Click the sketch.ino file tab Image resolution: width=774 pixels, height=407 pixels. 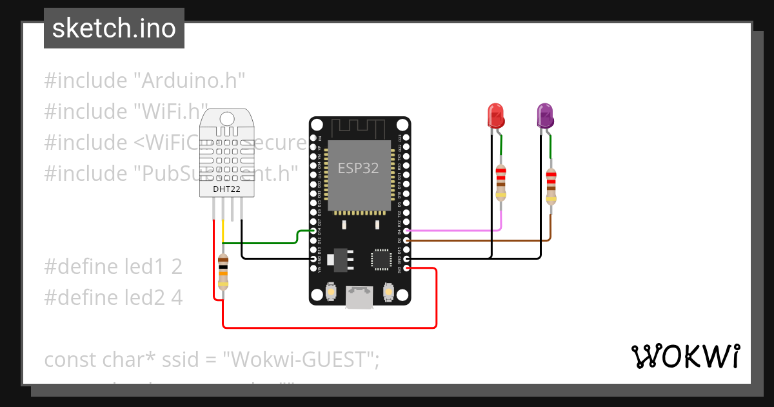click(114, 28)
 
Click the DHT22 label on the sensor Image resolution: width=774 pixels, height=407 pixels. click(227, 189)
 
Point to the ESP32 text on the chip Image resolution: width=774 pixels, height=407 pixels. click(358, 168)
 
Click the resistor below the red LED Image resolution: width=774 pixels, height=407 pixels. click(501, 182)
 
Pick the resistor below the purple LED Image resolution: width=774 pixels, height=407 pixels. click(550, 186)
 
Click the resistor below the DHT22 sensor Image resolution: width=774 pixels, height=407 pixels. click(223, 271)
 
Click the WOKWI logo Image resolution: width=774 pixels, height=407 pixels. click(685, 356)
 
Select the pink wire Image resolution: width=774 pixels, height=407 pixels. click(458, 230)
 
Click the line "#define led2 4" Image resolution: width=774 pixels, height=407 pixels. click(114, 297)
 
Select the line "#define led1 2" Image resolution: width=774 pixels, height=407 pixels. click(114, 266)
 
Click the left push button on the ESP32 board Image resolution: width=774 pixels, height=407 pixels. click(330, 293)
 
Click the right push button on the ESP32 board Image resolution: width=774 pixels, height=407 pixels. click(388, 293)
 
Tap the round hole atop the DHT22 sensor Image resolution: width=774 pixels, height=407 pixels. click(227, 119)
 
